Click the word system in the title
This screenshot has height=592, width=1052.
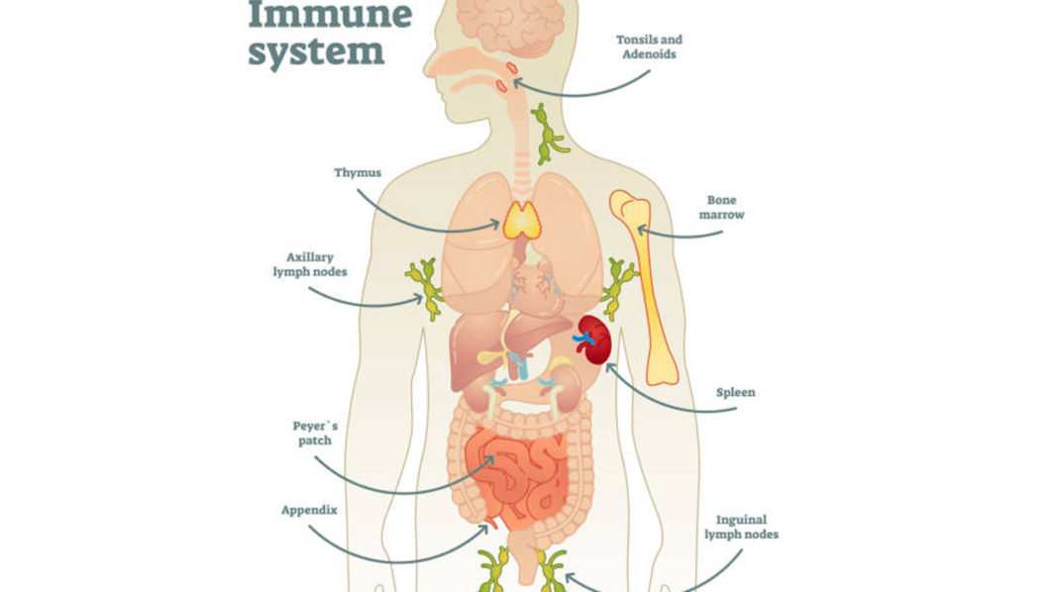(316, 50)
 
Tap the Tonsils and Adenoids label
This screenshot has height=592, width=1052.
(649, 47)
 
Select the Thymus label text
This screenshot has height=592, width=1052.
(358, 172)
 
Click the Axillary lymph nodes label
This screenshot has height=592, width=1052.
(310, 263)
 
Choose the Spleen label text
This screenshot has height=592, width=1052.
(736, 392)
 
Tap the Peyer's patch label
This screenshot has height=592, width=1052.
(315, 434)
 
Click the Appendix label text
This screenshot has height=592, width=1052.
(309, 511)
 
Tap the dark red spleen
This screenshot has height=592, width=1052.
(592, 340)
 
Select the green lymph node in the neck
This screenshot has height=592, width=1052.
(548, 134)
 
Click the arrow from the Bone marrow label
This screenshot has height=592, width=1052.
(684, 235)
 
